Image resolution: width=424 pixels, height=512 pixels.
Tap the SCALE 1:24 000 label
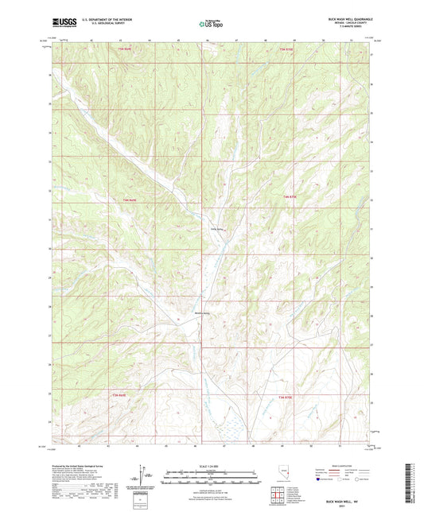212,465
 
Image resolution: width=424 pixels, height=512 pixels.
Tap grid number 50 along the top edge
323,41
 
